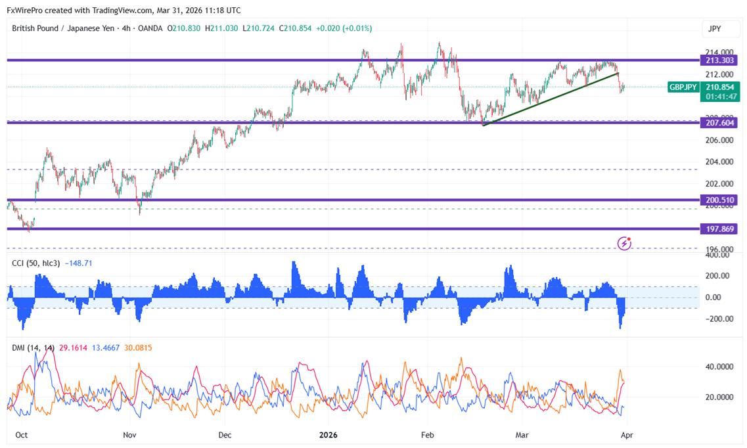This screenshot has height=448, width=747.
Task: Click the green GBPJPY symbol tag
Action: click(683, 87)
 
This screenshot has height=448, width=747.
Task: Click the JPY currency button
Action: click(715, 29)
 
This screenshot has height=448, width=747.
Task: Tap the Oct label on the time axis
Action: click(21, 435)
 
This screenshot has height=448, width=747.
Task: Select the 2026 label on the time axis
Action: click(327, 435)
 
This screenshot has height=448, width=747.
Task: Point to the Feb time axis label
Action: click(428, 435)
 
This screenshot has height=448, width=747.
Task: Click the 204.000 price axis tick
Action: click(718, 162)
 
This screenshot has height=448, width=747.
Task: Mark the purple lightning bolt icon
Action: click(624, 244)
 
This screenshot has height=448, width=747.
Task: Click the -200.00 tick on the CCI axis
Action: click(718, 319)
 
